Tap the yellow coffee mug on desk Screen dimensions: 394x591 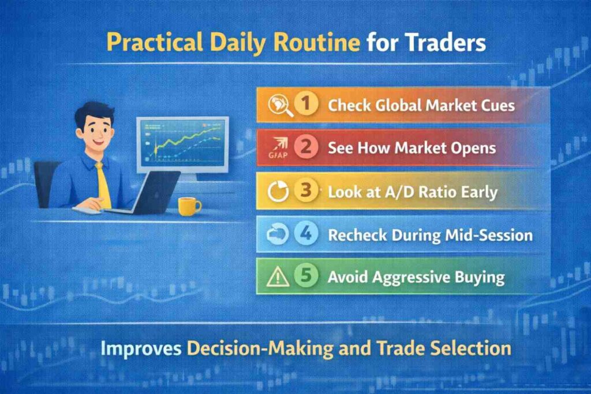click(x=188, y=206)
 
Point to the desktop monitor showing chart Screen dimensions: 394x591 click(x=182, y=144)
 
